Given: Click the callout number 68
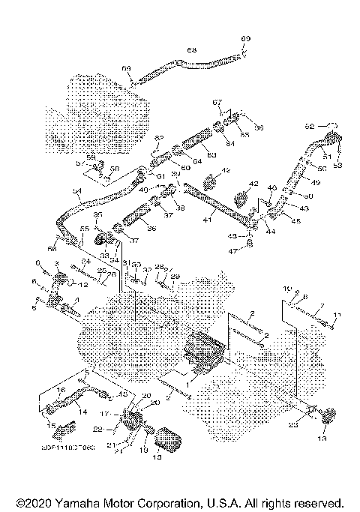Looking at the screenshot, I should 191,49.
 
